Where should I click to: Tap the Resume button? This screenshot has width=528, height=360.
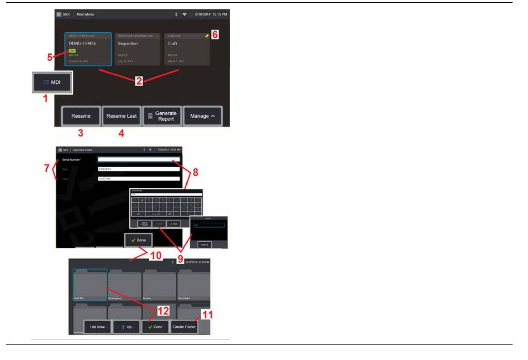tap(81, 116)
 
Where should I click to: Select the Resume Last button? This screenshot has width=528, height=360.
tap(121, 116)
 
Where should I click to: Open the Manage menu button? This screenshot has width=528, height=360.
tap(203, 116)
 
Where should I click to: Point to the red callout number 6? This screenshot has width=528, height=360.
tap(215, 34)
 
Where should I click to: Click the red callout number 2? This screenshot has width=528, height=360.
tap(139, 80)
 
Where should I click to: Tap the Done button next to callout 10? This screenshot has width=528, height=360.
tap(138, 240)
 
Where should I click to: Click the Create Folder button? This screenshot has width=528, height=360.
tap(184, 327)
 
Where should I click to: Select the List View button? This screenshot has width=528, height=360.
tap(97, 327)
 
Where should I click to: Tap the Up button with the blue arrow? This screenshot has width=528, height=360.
tap(126, 327)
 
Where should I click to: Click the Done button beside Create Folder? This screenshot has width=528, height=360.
tap(155, 327)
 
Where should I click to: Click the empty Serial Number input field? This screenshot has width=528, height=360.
tap(138, 159)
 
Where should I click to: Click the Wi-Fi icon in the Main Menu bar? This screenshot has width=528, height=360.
tap(185, 13)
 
